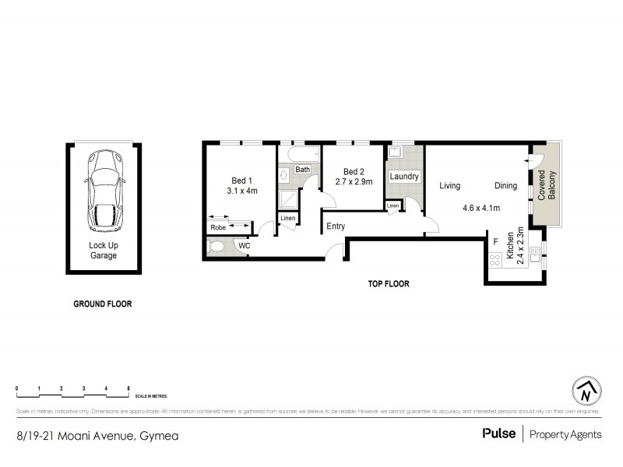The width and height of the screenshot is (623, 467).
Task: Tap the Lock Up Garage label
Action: coord(103,250)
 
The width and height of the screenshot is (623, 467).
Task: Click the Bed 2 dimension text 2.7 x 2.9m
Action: coord(354,182)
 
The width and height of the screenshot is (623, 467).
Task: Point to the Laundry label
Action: coord(404,177)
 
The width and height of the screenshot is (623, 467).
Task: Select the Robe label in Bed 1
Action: coord(218,227)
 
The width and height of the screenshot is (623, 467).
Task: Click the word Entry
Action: coord(336,226)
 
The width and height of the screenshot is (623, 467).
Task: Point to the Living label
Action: coord(449,186)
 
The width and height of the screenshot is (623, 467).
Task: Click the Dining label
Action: coord(505,186)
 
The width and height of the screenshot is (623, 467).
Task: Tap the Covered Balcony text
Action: coord(547,188)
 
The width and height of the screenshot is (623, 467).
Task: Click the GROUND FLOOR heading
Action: coord(102,304)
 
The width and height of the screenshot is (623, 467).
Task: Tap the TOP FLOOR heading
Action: coord(389,284)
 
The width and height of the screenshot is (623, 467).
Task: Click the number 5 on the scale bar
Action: coord(128,388)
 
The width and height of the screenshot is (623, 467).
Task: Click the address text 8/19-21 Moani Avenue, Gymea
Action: coord(97,435)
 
